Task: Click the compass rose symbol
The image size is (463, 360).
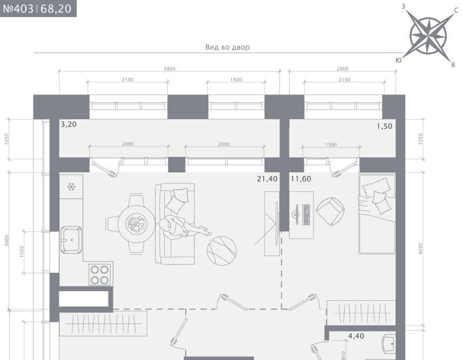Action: (429, 37)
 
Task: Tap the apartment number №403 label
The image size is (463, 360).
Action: (18, 9)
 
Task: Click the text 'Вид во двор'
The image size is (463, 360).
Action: (227, 47)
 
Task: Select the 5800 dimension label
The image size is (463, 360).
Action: (169, 69)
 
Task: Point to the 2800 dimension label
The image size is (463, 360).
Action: (342, 69)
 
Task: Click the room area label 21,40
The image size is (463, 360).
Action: (267, 178)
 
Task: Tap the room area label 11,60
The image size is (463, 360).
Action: (301, 178)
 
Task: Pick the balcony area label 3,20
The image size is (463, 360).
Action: (69, 124)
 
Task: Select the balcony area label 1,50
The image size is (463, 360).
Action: (384, 126)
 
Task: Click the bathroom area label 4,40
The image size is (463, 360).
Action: (356, 336)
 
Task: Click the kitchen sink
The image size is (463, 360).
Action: (71, 240)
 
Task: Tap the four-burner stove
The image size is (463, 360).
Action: (100, 275)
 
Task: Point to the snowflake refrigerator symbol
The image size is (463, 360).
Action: (71, 187)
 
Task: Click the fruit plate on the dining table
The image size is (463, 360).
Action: (136, 224)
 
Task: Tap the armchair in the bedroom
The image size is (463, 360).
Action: (330, 211)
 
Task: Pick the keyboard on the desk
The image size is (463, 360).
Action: (306, 214)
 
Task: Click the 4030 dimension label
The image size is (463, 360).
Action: (420, 248)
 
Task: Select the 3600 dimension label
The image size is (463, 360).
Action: (7, 240)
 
